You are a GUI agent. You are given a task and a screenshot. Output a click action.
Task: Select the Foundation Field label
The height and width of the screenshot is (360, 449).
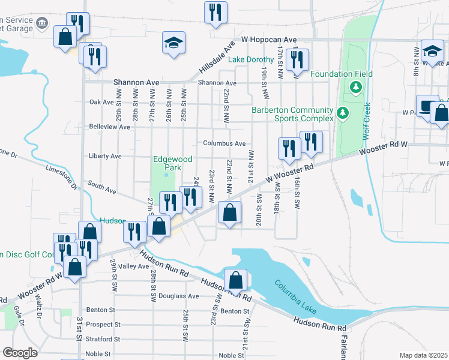pyautogui.click(x=341, y=74)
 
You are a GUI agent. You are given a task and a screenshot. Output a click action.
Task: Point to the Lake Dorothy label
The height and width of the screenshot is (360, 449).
pyautogui.click(x=251, y=59)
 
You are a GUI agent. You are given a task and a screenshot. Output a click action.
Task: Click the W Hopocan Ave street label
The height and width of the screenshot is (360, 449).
pyautogui.click(x=270, y=39)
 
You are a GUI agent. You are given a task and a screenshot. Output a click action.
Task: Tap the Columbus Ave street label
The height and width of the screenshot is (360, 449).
pyautogui.click(x=224, y=143)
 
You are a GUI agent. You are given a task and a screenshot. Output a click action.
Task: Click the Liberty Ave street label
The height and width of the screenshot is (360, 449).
pyautogui.click(x=105, y=156)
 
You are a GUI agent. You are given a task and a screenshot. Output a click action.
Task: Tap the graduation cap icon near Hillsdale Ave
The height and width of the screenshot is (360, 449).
pyautogui.click(x=173, y=43)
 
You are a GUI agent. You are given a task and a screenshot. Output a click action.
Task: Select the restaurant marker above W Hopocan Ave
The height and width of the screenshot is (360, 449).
pyautogui.click(x=215, y=12)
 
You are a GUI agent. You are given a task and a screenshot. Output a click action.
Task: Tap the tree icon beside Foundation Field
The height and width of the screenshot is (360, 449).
pyautogui.click(x=356, y=88)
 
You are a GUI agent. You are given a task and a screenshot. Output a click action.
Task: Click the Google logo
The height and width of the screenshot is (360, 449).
pyautogui.click(x=20, y=352)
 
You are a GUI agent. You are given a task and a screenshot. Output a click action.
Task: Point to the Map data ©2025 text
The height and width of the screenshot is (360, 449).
pyautogui.click(x=423, y=355)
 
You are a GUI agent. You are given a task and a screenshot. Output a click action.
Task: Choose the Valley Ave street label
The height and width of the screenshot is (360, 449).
pyautogui.click(x=134, y=266)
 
